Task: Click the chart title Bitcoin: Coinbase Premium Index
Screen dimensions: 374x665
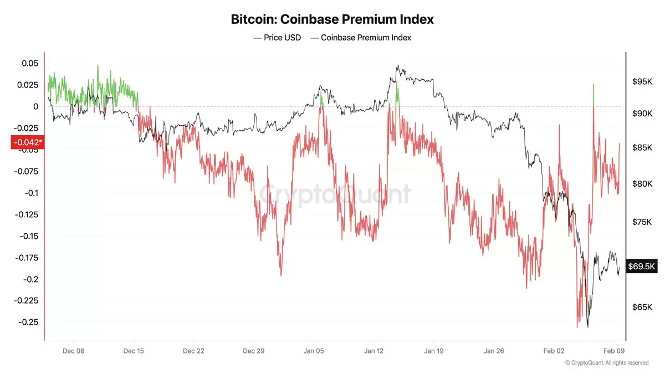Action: pyautogui.click(x=332, y=19)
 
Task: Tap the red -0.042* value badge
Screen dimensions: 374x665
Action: pyautogui.click(x=26, y=142)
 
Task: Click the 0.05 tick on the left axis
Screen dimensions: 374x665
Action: pyautogui.click(x=30, y=64)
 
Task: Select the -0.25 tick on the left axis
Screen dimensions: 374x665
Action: pyautogui.click(x=28, y=322)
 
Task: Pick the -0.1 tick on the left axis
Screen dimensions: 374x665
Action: pyautogui.click(x=31, y=193)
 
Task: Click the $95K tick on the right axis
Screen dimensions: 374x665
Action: pyautogui.click(x=642, y=82)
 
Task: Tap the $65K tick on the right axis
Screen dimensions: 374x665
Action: pyautogui.click(x=642, y=307)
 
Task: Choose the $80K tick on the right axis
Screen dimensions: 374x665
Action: pyautogui.click(x=642, y=183)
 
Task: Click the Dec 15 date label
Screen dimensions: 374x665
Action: pyautogui.click(x=133, y=351)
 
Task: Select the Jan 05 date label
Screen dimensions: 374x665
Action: pyautogui.click(x=314, y=351)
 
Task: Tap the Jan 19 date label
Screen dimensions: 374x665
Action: pyautogui.click(x=434, y=351)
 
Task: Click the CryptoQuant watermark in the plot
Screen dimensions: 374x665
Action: pyautogui.click(x=335, y=194)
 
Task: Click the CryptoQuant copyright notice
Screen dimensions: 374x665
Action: pyautogui.click(x=606, y=363)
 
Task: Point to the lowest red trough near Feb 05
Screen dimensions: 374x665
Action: pyautogui.click(x=577, y=326)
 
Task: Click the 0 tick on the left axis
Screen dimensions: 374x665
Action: pyautogui.click(x=35, y=106)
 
